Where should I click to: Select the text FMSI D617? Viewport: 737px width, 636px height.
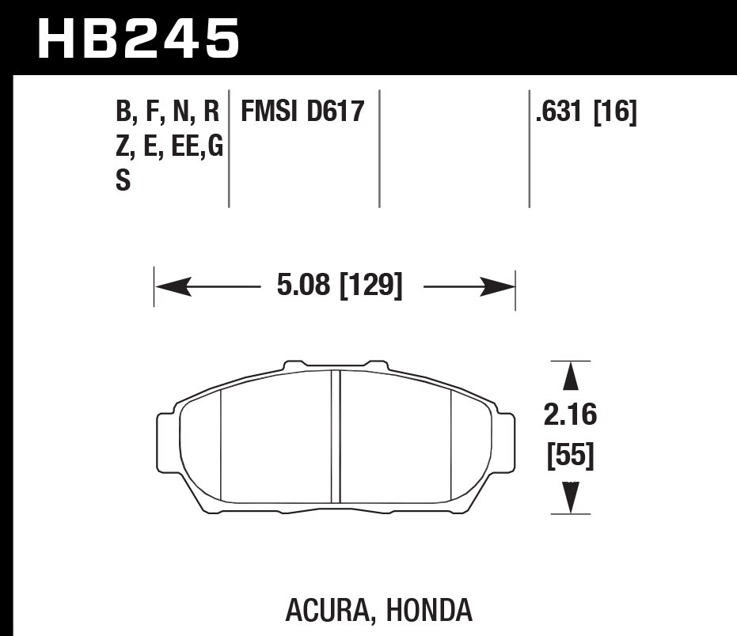302,112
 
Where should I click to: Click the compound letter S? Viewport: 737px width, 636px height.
123,181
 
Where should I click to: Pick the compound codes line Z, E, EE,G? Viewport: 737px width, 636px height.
169,147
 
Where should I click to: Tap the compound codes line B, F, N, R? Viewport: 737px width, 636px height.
167,112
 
